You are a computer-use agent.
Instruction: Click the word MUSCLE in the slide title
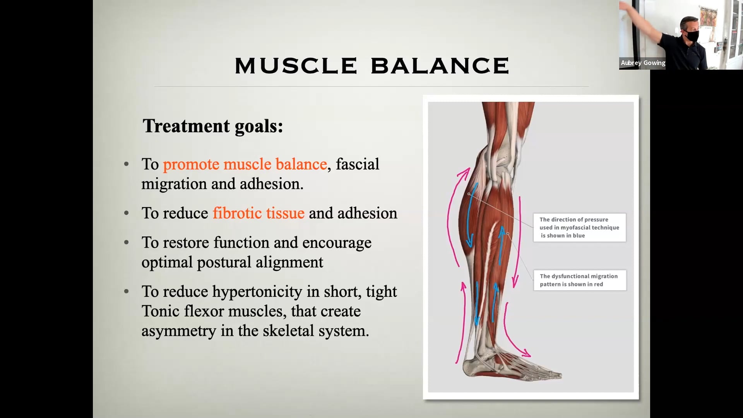click(296, 65)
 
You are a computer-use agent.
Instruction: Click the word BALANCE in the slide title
click(440, 65)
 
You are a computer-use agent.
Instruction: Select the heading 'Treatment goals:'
click(213, 126)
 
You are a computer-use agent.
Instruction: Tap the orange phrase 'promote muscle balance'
click(245, 164)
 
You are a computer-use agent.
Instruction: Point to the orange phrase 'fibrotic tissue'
click(259, 213)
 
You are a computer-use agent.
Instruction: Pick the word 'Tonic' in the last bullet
click(160, 311)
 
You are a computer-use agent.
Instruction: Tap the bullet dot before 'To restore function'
click(126, 243)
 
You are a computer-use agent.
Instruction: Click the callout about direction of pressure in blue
click(579, 228)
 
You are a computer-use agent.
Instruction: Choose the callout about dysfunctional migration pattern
click(580, 280)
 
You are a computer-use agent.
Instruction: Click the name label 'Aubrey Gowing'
click(643, 63)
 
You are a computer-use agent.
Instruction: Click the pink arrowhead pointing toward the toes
click(526, 353)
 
